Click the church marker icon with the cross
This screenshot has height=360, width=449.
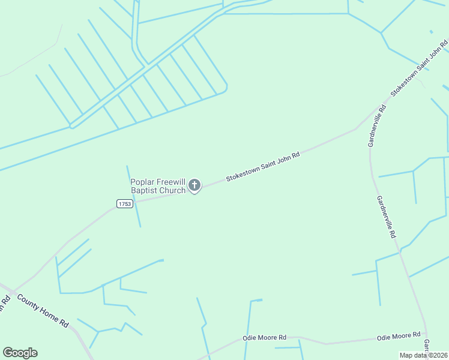pos(194,185)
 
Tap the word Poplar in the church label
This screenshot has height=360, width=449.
pos(143,182)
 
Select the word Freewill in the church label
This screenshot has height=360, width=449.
pos(171,182)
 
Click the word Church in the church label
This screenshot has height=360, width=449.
pos(173,191)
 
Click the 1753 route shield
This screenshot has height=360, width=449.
pos(124,204)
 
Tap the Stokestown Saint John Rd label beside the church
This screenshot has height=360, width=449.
pos(262,166)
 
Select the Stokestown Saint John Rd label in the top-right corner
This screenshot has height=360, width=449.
pos(420,68)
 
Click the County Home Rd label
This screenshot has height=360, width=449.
pos(42,310)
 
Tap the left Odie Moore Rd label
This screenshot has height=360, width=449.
pos(264,338)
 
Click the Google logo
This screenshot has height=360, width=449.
pos(20,353)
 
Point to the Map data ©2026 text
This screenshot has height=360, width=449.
pos(424,355)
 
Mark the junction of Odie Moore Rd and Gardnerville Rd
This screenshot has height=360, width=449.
pos(426,331)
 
